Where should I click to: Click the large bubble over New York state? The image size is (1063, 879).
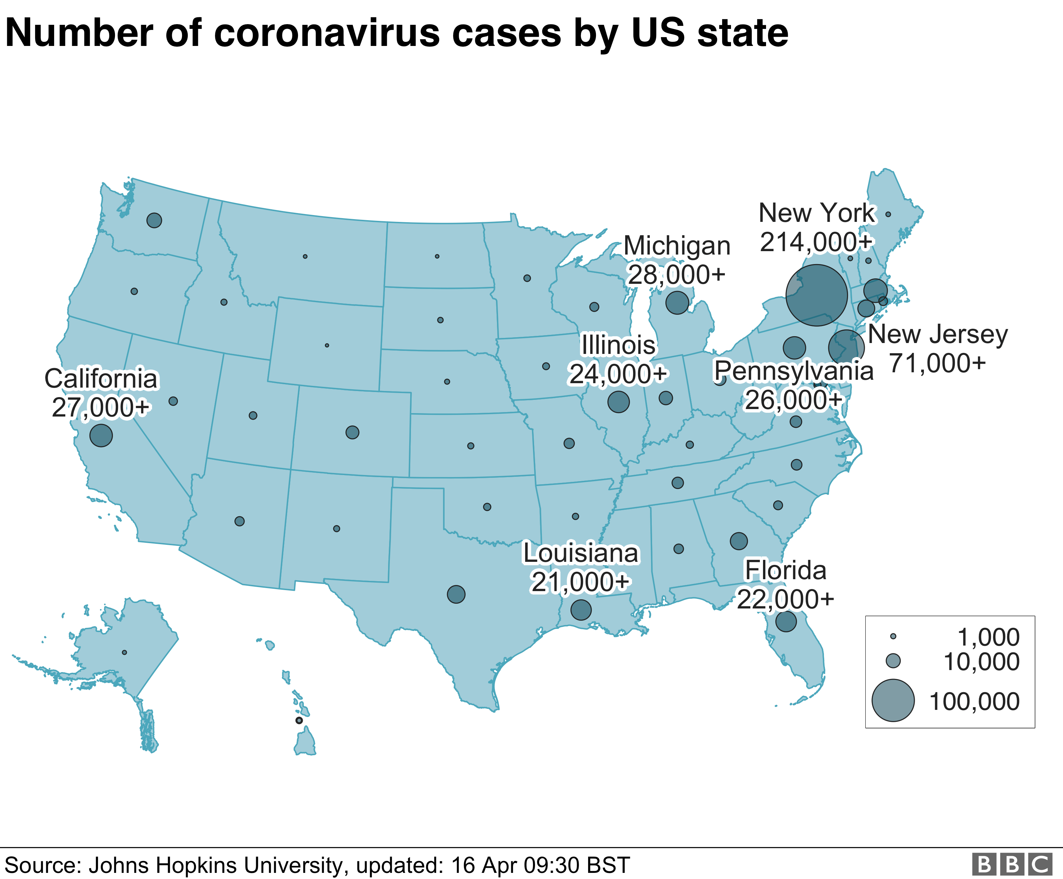pos(816,295)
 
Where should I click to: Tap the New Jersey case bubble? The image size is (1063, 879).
pos(846,348)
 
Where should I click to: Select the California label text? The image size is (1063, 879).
pos(101,379)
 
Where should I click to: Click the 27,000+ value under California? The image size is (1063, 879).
pos(101,407)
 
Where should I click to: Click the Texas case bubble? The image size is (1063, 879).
pos(456,594)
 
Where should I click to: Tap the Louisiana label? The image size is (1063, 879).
pos(581,553)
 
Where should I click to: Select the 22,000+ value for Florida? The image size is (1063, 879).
pos(785,599)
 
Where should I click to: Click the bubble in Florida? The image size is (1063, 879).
pos(786,621)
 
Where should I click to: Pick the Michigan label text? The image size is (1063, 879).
pos(677,246)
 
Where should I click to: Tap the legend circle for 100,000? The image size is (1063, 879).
pos(893,700)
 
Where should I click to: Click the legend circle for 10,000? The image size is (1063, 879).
pos(893,661)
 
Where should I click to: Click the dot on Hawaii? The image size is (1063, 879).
pos(299,720)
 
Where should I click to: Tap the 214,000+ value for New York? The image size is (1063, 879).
pos(816,242)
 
